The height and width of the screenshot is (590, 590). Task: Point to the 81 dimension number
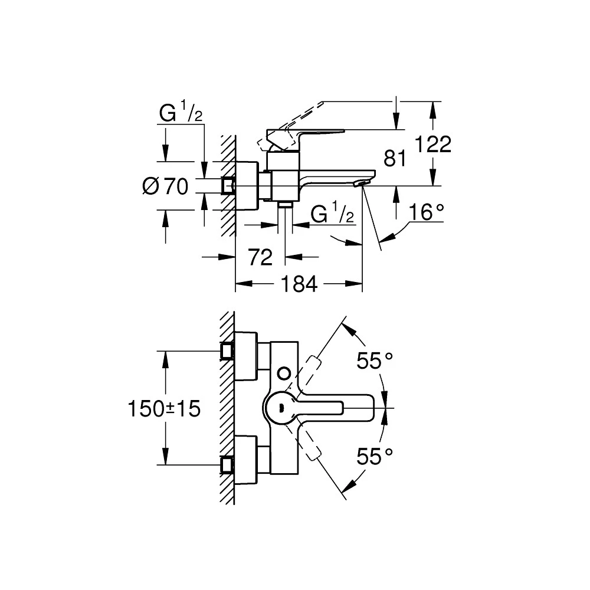click(x=396, y=158)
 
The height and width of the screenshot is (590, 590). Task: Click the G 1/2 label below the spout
click(x=332, y=214)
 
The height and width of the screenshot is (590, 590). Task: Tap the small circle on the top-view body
click(x=284, y=372)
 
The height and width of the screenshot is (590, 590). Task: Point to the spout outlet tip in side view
click(x=359, y=185)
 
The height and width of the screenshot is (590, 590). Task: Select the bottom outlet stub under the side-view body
click(x=286, y=205)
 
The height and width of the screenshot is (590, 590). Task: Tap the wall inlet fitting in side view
click(x=228, y=185)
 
